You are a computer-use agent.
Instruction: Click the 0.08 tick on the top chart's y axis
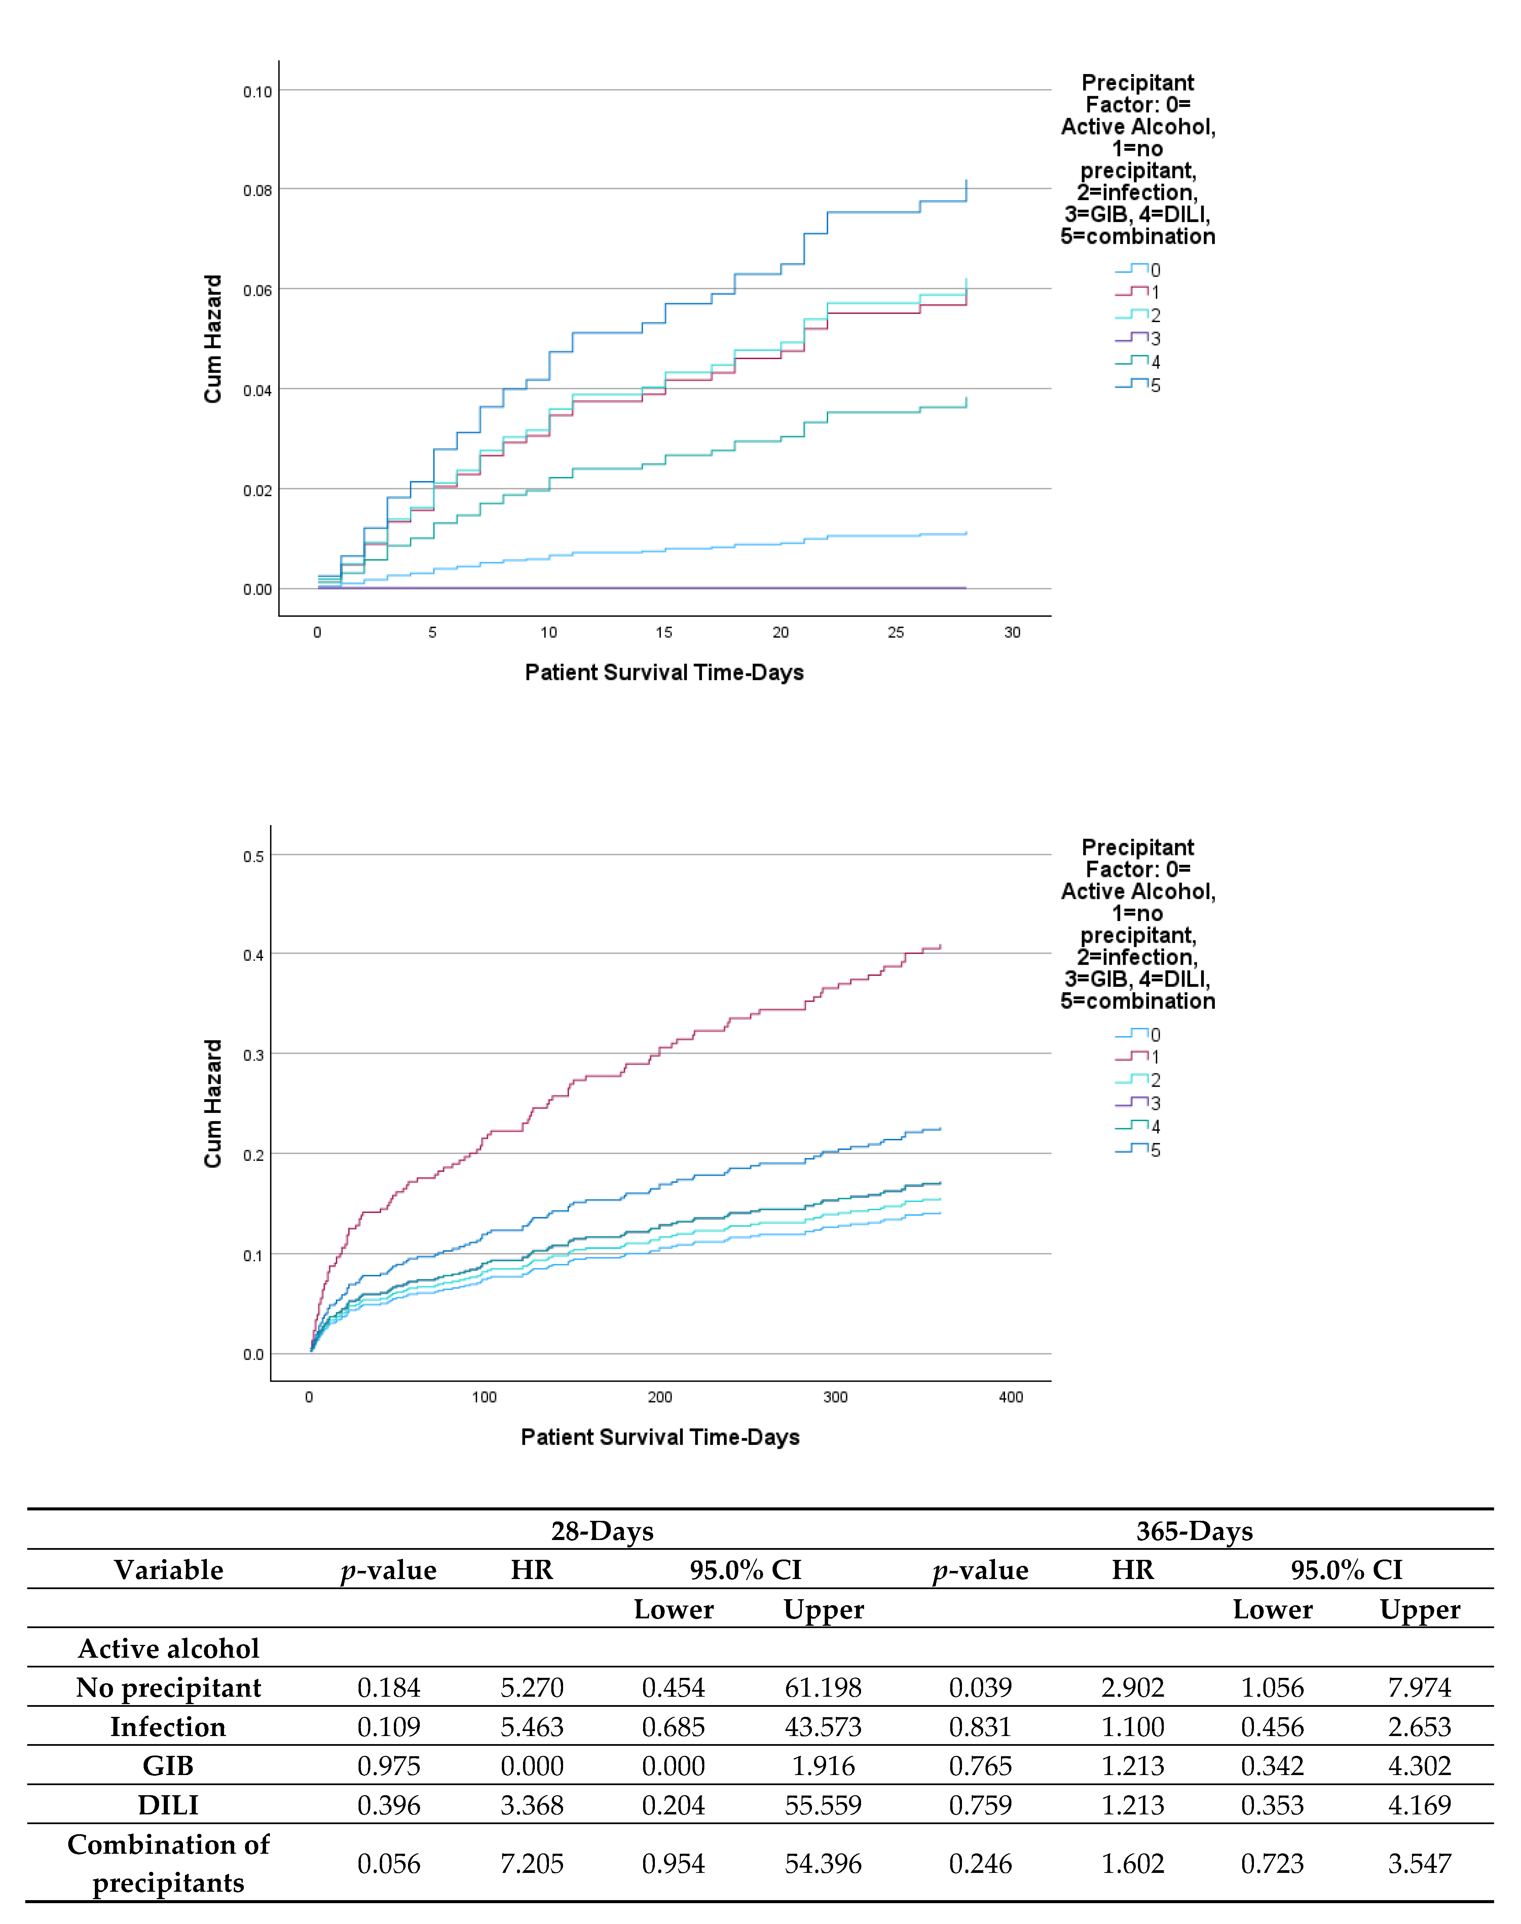click(x=257, y=191)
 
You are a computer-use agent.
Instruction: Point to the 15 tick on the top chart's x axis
click(x=664, y=632)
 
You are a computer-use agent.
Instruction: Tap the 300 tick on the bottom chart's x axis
click(x=835, y=1397)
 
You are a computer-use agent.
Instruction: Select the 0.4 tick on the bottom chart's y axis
click(x=254, y=955)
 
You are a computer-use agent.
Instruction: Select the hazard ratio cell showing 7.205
click(x=532, y=1863)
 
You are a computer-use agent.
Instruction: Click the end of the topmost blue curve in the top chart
click(x=966, y=182)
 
